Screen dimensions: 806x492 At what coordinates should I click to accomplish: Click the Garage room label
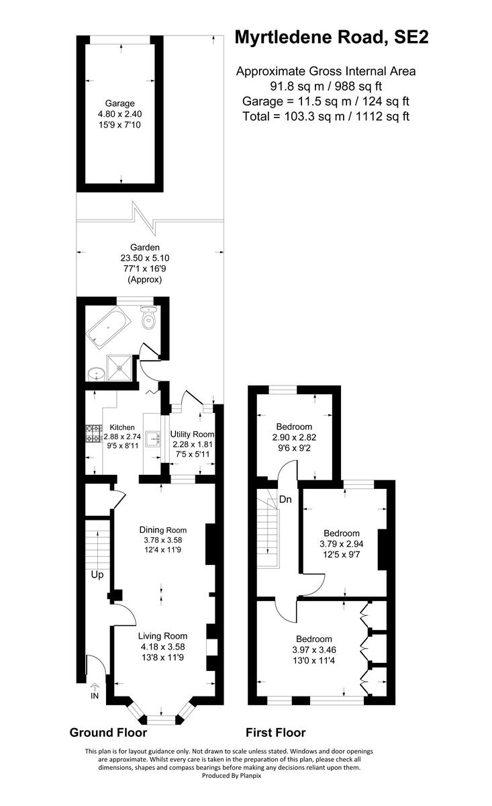pos(121,103)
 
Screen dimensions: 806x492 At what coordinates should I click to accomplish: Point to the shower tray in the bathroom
pos(121,367)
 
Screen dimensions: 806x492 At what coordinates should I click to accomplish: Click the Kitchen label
pos(122,427)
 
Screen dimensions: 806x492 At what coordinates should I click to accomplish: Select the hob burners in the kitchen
pos(92,433)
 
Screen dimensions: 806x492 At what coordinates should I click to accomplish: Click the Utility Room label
pos(192,434)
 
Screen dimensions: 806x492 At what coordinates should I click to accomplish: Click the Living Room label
pos(162,635)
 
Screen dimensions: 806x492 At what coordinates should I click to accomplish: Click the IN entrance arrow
pos(94,691)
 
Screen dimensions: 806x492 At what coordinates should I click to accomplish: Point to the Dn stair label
pos(285,498)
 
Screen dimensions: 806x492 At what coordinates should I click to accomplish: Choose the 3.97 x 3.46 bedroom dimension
pos(314,650)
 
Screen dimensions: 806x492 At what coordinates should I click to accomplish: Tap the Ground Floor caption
pos(108,732)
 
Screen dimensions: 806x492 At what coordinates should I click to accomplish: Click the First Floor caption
pos(275,732)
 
